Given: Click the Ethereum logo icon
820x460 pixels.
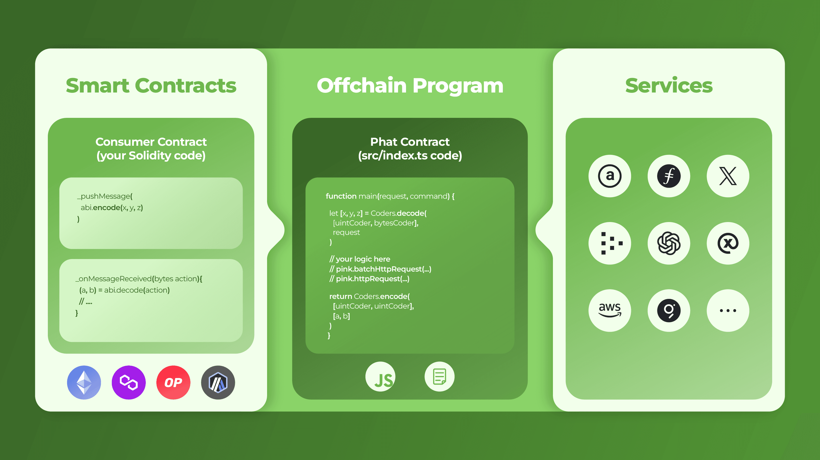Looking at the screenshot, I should pos(84,382).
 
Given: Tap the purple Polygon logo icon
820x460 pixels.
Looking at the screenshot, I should pos(129,382).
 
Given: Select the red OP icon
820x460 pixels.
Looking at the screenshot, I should pos(173,382).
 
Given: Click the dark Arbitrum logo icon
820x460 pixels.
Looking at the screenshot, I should pos(218,382).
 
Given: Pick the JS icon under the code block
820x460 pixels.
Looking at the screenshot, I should pos(380,377).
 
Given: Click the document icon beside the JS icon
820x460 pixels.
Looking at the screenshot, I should pos(439,377).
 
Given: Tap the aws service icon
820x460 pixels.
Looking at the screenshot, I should pos(610,310).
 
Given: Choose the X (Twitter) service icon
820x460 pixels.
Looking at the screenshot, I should pos(728,176).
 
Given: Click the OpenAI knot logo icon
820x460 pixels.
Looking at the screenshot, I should pos(669,243).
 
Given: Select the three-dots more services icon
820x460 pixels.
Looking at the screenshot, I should pos(728,310).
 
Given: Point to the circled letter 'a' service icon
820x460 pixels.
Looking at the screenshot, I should pos(610,176).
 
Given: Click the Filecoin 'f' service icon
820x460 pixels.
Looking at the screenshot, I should pos(669,176).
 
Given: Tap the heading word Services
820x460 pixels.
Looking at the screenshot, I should pos(669,86).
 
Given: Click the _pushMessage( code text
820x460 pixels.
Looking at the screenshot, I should pos(105,196).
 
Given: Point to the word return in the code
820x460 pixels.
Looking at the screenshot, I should pos(340,296).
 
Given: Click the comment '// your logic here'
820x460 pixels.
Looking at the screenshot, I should pos(360,259).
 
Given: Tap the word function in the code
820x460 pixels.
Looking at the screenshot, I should pos(341,196).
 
